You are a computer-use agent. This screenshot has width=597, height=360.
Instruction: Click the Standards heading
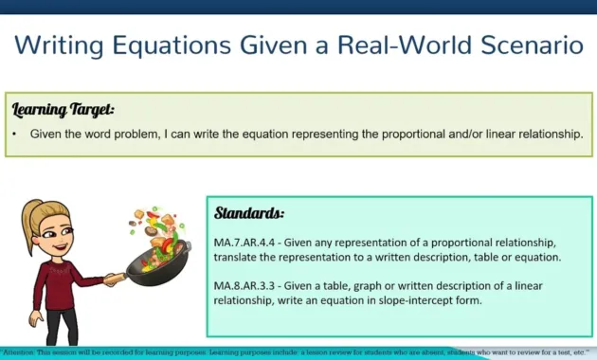(x=250, y=212)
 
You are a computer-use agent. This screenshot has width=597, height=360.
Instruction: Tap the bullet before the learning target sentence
(x=15, y=135)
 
